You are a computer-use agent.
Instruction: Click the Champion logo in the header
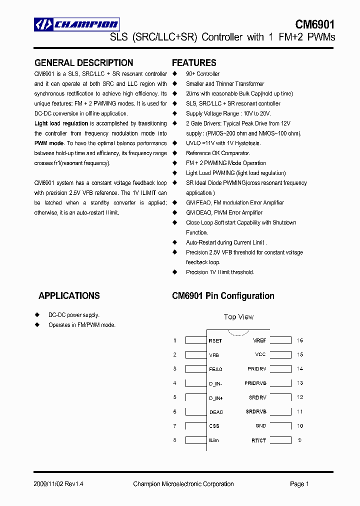point(76,24)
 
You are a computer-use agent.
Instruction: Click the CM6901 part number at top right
point(314,24)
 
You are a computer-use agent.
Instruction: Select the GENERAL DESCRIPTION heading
point(83,63)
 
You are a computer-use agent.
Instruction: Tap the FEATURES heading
point(194,63)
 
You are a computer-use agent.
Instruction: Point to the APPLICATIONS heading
point(69,296)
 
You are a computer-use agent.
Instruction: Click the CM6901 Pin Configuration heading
point(223,296)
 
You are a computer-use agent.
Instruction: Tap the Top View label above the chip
point(238,317)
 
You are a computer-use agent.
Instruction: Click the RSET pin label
point(215,341)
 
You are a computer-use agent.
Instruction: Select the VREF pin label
point(259,340)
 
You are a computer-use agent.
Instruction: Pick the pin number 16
point(300,340)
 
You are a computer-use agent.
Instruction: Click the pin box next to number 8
point(195,440)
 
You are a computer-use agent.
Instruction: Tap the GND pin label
point(260,426)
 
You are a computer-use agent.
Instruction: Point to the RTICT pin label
point(259,440)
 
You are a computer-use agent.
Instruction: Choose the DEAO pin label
point(216,412)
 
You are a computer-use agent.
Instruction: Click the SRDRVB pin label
point(256,412)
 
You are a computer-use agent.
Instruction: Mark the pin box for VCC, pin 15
point(281,355)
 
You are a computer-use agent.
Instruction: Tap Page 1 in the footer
point(299,484)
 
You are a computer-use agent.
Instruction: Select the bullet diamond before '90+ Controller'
point(175,74)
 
